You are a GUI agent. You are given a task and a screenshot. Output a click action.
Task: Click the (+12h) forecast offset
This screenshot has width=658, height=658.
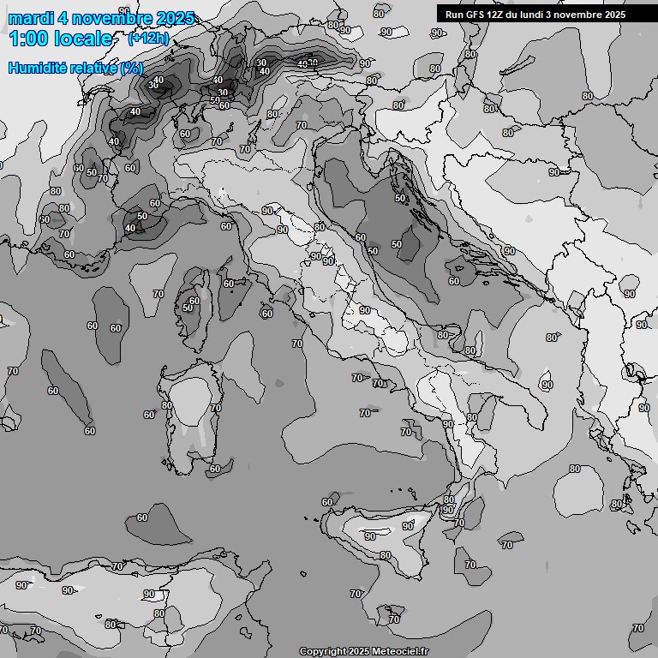click(x=148, y=39)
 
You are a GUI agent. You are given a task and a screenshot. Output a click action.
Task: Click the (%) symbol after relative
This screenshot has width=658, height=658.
click(x=132, y=68)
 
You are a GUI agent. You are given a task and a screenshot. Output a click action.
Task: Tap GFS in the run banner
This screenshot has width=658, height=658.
click(x=476, y=15)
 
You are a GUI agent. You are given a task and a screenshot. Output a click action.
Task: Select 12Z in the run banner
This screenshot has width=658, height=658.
click(x=499, y=15)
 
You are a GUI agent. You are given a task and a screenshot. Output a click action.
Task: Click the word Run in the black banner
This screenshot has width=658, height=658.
click(x=454, y=15)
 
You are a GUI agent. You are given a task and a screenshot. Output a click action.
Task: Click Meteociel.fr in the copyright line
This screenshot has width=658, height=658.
click(x=400, y=651)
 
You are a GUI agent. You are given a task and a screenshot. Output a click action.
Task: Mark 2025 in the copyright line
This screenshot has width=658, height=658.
click(x=358, y=651)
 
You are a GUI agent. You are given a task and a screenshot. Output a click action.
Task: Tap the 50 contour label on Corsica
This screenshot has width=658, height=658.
click(x=188, y=308)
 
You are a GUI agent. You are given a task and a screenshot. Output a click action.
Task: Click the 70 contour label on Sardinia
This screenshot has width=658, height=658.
click(x=216, y=409)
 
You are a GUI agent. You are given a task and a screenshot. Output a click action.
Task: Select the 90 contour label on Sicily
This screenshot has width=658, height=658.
click(x=370, y=536)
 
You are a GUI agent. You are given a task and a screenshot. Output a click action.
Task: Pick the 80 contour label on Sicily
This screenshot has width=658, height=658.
click(x=386, y=555)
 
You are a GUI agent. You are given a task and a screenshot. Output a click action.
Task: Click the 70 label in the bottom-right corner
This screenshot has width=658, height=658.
click(x=637, y=628)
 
